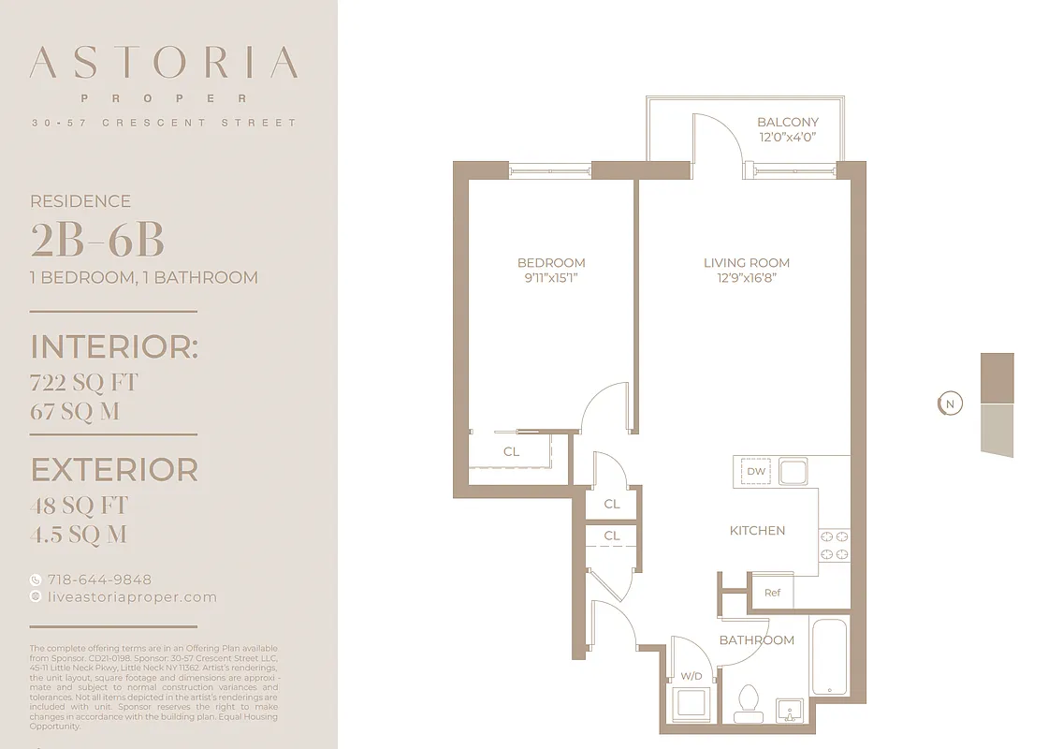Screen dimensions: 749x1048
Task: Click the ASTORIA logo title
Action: point(164,63)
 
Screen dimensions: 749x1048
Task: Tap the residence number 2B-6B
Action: point(97,241)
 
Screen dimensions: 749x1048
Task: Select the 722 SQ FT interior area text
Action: point(84,382)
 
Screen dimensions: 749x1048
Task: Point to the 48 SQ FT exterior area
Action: point(79,506)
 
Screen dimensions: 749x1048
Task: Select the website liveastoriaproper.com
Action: point(131,596)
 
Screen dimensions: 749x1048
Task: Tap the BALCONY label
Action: point(787,122)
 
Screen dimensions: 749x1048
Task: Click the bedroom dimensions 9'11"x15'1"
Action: point(551,278)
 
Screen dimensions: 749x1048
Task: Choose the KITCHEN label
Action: point(757,530)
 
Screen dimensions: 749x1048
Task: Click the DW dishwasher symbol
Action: point(756,471)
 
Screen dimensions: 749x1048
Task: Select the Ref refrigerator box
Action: point(772,593)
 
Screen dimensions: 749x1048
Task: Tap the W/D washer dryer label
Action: point(691,675)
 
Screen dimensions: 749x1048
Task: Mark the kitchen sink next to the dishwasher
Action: point(793,471)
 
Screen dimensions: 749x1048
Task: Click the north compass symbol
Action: point(950,404)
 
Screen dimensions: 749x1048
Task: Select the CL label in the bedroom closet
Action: point(511,451)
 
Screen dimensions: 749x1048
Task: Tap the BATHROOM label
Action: point(756,639)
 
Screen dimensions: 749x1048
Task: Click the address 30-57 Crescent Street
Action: point(164,123)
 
